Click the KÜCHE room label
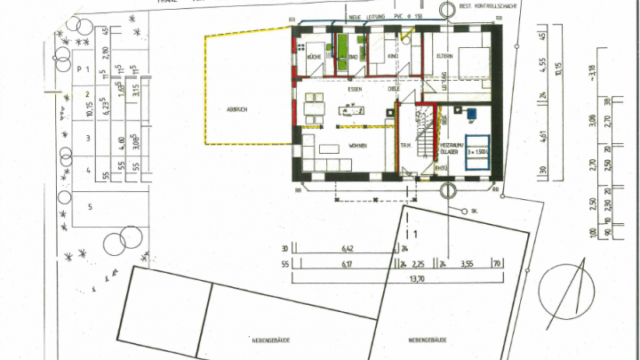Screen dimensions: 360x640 click(313, 57)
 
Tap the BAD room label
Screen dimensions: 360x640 click(352, 57)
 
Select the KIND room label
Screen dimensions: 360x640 click(391, 57)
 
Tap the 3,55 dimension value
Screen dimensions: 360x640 click(464, 264)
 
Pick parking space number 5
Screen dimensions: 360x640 click(89, 206)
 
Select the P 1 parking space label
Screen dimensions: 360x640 click(85, 69)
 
